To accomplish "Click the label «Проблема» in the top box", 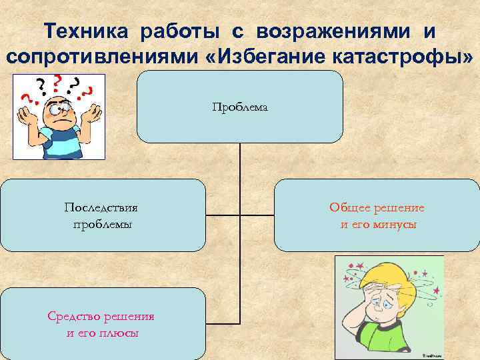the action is point(240,107).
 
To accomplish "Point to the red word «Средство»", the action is point(74,315).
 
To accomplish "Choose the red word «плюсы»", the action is point(120,333).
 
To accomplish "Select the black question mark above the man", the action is point(42,85).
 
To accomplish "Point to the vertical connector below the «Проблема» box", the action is point(240,160).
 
